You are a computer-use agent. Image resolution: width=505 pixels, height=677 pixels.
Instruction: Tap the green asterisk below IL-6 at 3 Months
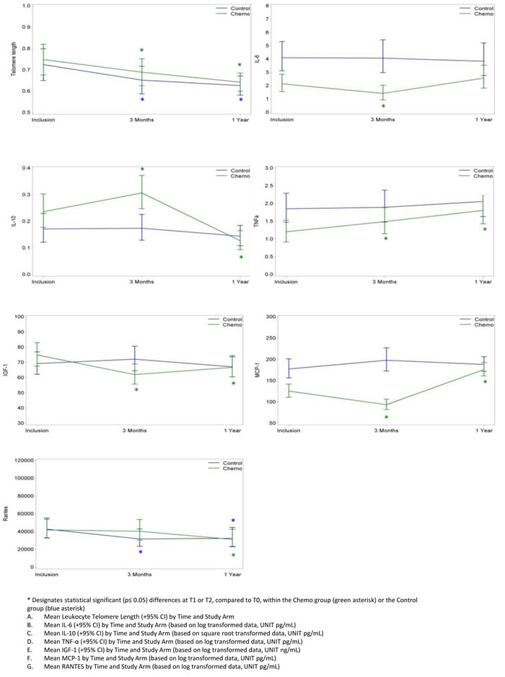pyautogui.click(x=383, y=107)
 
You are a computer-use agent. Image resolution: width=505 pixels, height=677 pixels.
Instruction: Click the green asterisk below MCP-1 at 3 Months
pyautogui.click(x=386, y=417)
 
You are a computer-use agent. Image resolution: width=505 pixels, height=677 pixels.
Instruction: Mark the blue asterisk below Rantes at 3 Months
pyautogui.click(x=141, y=553)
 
